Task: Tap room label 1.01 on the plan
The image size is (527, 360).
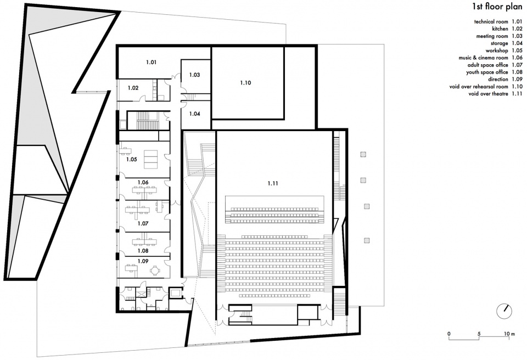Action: (152, 62)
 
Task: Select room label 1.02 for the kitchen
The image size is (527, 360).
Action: (133, 88)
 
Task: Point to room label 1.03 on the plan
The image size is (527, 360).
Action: (194, 75)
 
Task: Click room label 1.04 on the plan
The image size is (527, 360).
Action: (194, 114)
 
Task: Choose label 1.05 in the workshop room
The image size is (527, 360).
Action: (131, 159)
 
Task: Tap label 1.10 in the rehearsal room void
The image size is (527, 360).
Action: (246, 83)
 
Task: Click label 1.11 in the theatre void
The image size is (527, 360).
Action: (273, 183)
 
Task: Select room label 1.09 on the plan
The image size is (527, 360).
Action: (143, 261)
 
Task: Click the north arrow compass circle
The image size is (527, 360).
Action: (504, 312)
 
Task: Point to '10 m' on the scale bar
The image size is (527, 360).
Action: (509, 334)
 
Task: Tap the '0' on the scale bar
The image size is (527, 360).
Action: (449, 334)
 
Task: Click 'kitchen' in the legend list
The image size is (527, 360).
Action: (500, 29)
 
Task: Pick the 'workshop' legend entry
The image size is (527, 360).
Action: (497, 50)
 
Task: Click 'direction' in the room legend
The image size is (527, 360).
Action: (498, 80)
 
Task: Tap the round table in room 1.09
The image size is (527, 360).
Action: (155, 269)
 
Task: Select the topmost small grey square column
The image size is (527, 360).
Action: (363, 154)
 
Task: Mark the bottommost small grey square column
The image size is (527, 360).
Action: (367, 240)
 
